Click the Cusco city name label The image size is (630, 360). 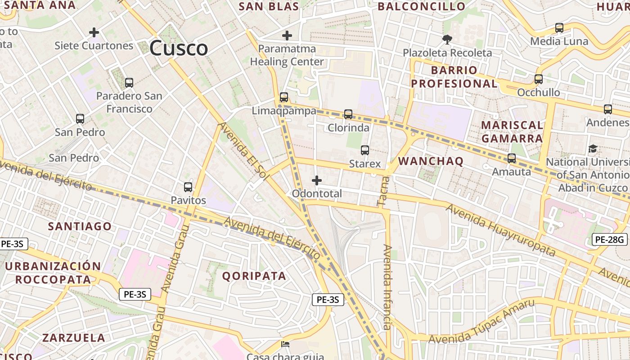179,48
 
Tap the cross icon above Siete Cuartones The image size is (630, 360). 94,32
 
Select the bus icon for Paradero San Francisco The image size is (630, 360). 129,83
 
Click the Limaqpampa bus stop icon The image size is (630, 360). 284,97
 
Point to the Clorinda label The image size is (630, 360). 348,128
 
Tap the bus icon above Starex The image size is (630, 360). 365,150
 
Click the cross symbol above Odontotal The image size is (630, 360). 317,180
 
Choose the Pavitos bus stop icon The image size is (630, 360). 188,187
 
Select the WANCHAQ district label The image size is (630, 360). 431,162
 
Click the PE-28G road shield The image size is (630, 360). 610,240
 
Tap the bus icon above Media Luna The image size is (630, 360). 559,28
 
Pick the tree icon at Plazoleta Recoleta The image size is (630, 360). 447,40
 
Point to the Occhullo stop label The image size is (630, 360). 539,93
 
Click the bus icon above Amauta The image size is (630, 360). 512,158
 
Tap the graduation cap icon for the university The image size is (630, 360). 593,149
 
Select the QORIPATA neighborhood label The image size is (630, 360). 254,276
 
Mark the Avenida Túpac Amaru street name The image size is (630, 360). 481,322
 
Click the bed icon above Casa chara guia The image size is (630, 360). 285,345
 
